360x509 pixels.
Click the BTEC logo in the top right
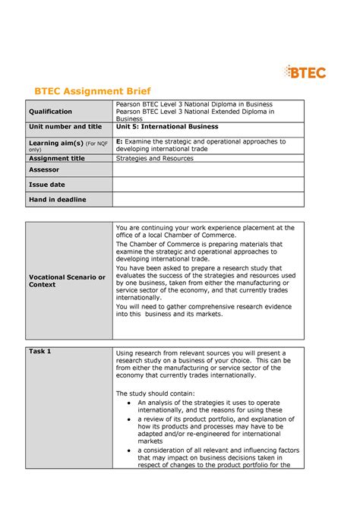pos(305,72)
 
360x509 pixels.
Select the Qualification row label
pos(51,112)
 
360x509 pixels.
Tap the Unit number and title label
pos(65,127)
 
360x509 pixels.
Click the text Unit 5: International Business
pos(167,127)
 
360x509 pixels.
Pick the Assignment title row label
pos(57,159)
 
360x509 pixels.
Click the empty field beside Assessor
pos(207,170)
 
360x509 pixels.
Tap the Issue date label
pos(47,185)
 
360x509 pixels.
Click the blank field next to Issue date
pos(207,185)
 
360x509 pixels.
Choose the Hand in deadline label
pos(57,199)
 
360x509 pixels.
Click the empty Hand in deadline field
pos(207,199)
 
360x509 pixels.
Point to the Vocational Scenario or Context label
pos(67,281)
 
